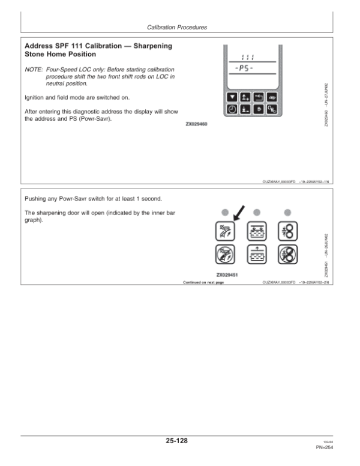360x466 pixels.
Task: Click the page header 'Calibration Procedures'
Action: pyautogui.click(x=177, y=28)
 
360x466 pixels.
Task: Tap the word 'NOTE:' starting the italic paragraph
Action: pyautogui.click(x=35, y=70)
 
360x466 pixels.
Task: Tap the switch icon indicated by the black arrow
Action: pyautogui.click(x=224, y=231)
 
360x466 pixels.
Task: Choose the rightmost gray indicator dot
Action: pyautogui.click(x=287, y=212)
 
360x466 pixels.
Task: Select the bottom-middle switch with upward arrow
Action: pyautogui.click(x=256, y=257)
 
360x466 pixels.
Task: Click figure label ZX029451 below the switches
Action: pyautogui.click(x=228, y=275)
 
